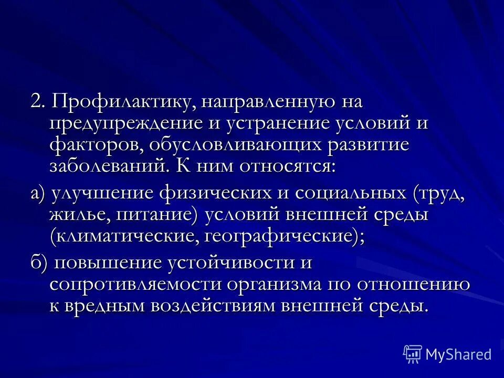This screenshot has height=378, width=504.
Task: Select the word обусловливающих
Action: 234,145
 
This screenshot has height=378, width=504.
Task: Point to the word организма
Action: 271,285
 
